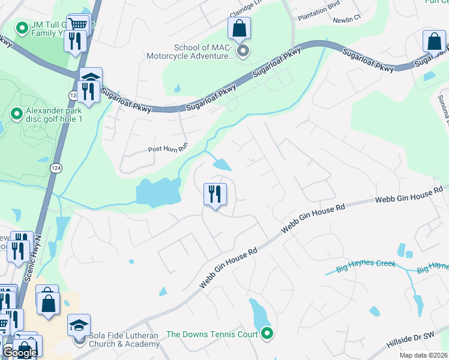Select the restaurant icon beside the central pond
(x=214, y=194)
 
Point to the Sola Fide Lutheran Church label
(x=124, y=340)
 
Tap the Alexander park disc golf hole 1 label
(x=62, y=115)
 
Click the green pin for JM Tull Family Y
(x=22, y=28)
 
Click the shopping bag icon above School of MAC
(x=239, y=28)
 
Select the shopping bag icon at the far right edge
(x=434, y=42)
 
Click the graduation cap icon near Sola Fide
(x=79, y=325)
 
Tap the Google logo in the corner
(x=19, y=353)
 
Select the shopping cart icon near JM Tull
(x=78, y=25)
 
